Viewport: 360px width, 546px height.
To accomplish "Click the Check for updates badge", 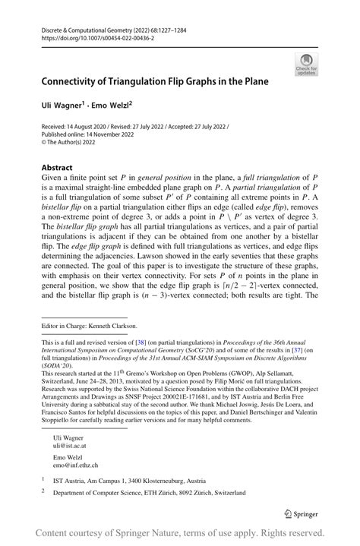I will click(306, 64).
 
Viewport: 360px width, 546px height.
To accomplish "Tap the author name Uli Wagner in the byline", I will click(62, 106).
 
